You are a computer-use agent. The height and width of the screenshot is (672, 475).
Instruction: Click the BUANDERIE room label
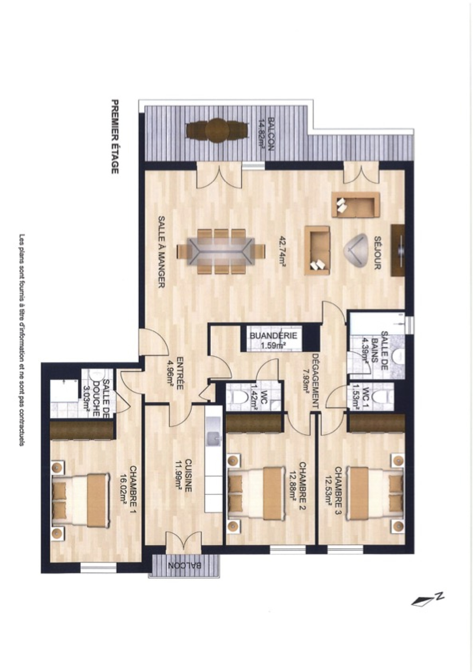pyautogui.click(x=273, y=336)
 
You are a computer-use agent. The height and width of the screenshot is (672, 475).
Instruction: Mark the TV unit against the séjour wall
pyautogui.click(x=398, y=251)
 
